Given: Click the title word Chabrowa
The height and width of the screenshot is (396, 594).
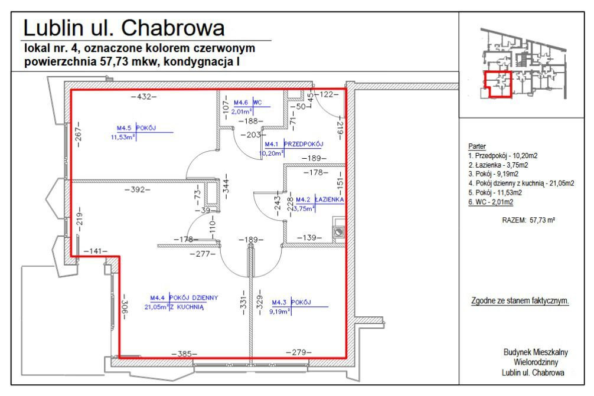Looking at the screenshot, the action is [173, 28].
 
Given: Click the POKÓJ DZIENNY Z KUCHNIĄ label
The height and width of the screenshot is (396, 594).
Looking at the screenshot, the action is [181, 302].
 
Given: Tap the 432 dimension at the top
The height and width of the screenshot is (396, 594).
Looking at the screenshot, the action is [144, 97].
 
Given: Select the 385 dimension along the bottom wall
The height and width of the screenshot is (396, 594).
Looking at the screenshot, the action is [184, 354].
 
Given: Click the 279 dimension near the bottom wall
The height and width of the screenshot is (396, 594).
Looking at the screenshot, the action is [299, 352].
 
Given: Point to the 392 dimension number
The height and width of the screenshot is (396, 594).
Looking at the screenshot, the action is [137, 189].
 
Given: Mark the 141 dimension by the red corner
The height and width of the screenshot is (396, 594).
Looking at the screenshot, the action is [95, 251].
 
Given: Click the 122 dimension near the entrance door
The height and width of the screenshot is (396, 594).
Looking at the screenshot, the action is [327, 94].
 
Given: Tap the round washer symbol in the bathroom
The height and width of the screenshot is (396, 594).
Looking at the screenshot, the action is [339, 231].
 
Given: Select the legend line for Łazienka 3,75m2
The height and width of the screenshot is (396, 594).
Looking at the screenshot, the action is [498, 165].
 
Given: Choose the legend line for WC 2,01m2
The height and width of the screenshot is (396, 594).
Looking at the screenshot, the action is [491, 202].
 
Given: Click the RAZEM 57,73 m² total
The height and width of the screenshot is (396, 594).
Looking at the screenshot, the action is [529, 220].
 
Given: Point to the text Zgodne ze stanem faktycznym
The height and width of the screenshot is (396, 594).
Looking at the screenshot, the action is [520, 301].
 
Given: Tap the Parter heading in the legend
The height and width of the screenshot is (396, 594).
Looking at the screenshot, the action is [477, 146].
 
